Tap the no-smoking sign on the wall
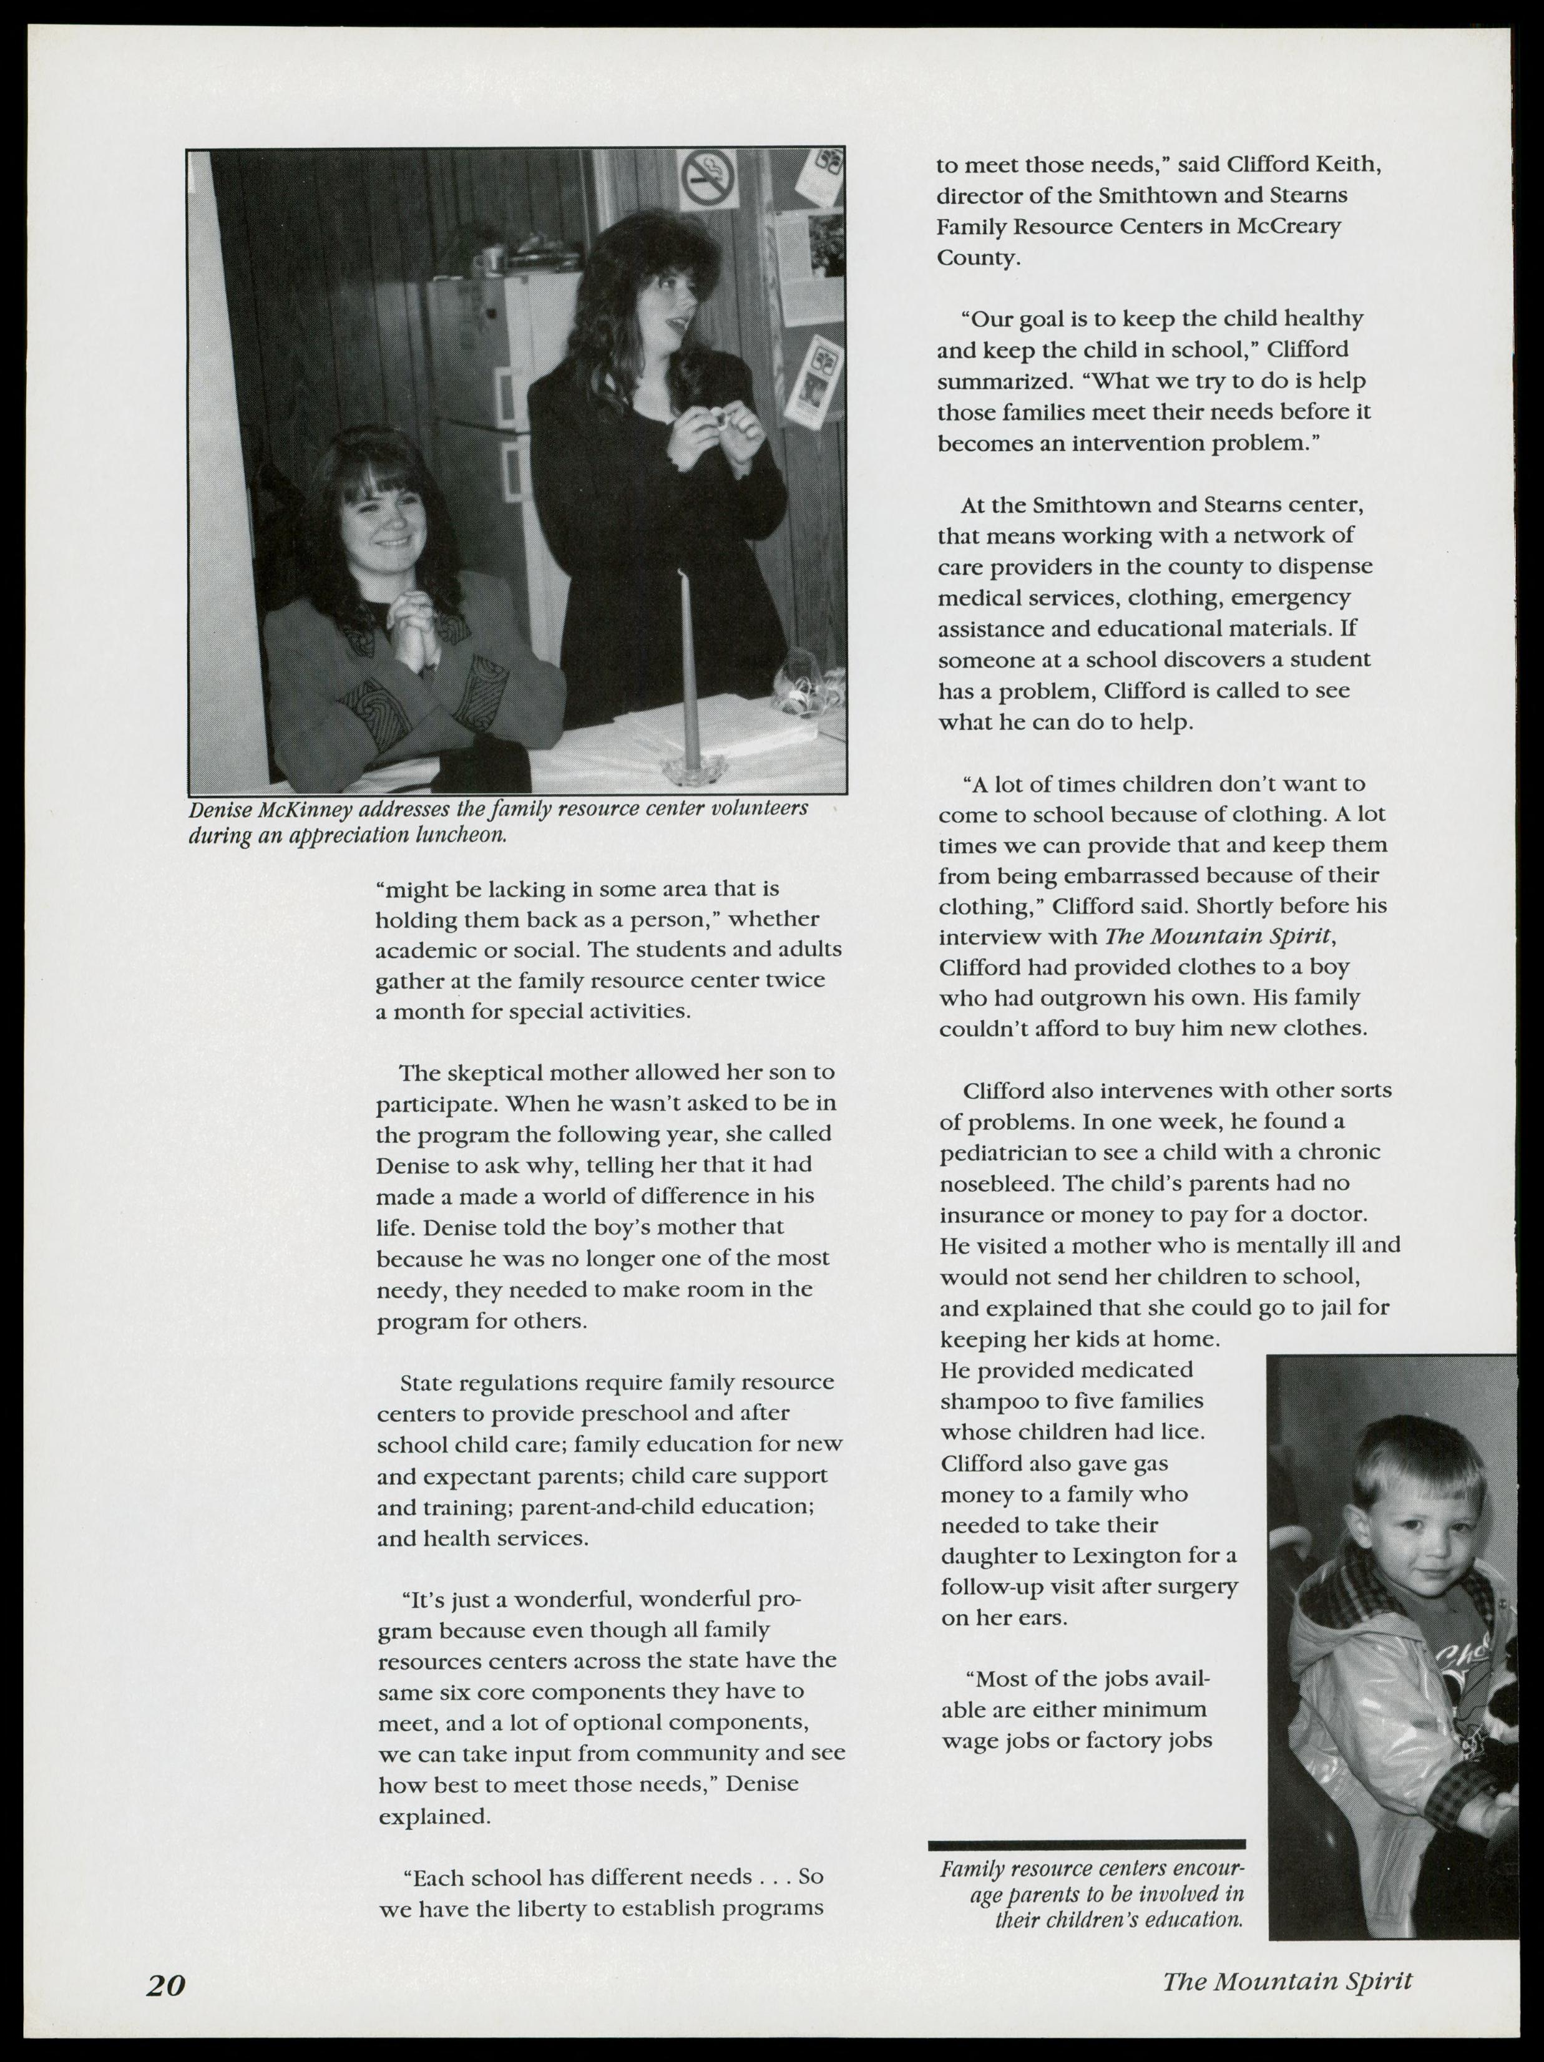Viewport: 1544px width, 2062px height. coord(708,180)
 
